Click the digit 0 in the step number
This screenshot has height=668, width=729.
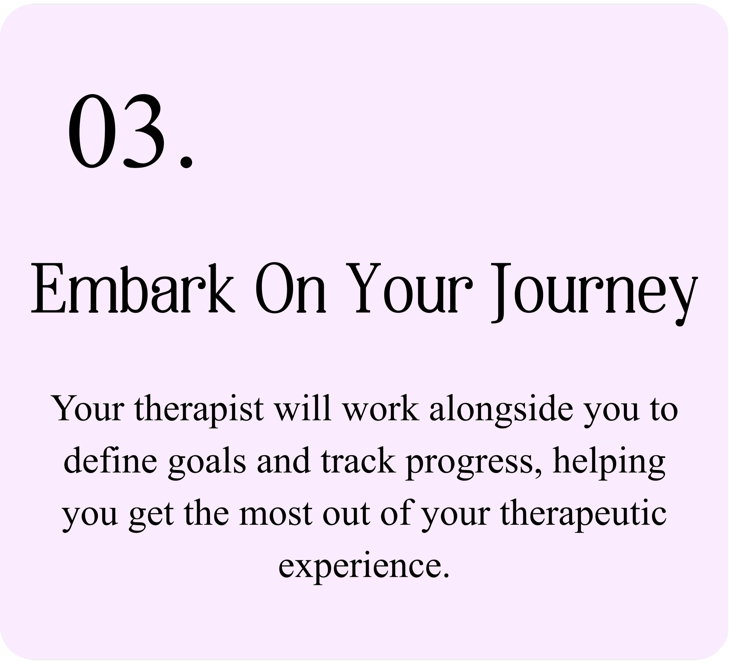[92, 131]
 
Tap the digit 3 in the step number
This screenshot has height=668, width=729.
[141, 131]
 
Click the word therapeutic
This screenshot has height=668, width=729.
[585, 516]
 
